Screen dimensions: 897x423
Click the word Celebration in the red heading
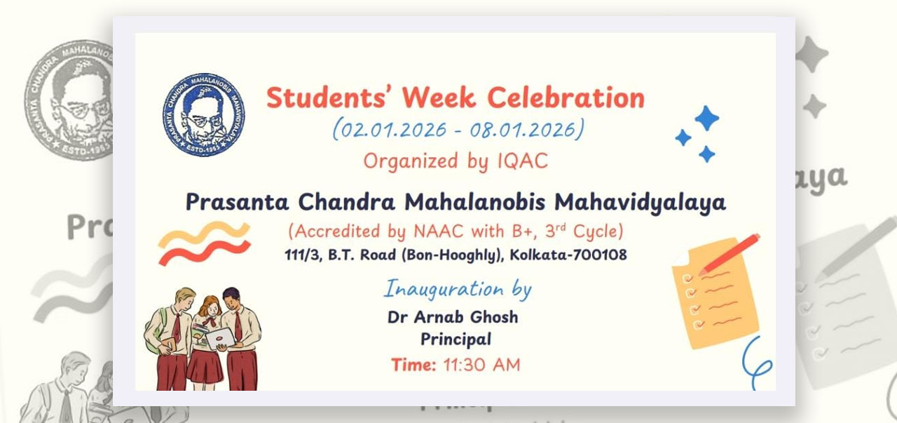click(x=566, y=98)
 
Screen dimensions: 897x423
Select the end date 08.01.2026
click(x=523, y=130)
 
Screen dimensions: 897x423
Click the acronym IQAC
click(x=523, y=161)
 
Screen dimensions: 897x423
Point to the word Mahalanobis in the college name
click(x=474, y=201)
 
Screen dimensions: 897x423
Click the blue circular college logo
click(x=204, y=114)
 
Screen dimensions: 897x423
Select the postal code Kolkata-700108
click(x=568, y=255)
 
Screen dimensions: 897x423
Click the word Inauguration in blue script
click(x=444, y=289)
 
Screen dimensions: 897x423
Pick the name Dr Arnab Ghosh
click(x=453, y=317)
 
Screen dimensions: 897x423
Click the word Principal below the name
click(x=456, y=340)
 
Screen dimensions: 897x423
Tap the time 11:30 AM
click(x=481, y=365)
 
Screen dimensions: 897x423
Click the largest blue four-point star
click(x=706, y=118)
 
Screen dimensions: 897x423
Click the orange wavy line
click(x=204, y=234)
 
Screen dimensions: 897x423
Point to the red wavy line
click(x=205, y=253)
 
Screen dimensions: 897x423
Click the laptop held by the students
click(x=220, y=339)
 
